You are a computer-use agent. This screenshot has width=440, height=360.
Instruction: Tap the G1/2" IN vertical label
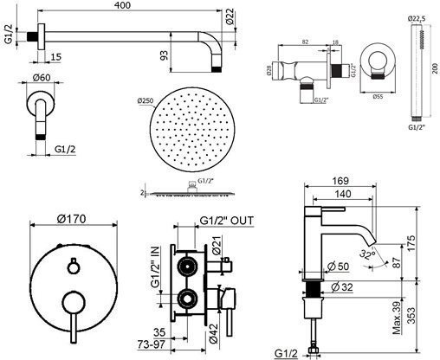click(155, 269)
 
